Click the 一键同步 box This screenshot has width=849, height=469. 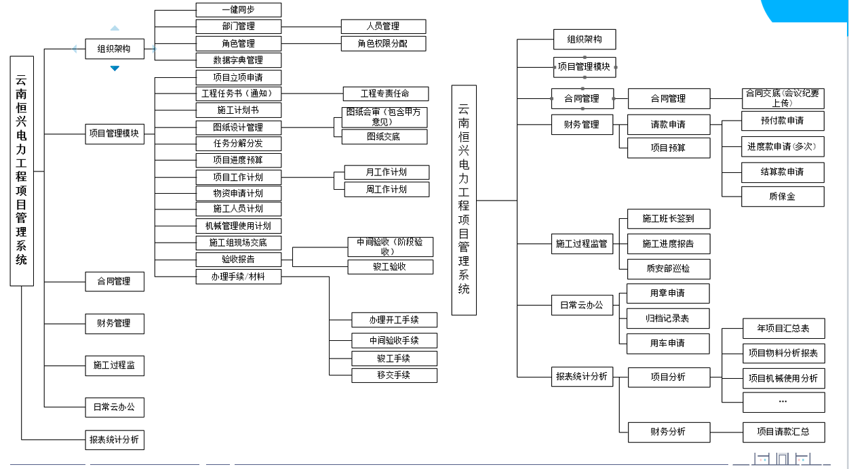[238, 10]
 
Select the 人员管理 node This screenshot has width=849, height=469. [383, 26]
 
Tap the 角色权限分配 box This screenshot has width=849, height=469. [383, 43]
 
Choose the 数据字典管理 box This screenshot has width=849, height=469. [238, 60]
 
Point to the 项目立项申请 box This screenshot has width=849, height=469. [238, 77]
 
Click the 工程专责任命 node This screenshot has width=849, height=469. [385, 94]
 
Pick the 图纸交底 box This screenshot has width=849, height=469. [384, 136]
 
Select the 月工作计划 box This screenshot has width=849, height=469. [387, 172]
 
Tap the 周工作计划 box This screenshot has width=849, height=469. [387, 189]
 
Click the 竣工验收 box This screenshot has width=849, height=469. [390, 267]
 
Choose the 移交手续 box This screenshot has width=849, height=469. [394, 375]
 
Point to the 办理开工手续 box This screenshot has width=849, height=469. [394, 320]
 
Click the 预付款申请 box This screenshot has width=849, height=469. [783, 121]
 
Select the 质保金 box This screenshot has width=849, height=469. [783, 197]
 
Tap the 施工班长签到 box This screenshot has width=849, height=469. [668, 218]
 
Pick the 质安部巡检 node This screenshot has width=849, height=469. [668, 268]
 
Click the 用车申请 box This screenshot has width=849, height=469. [668, 344]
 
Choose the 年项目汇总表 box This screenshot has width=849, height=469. [783, 329]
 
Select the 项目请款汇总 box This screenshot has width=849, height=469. [783, 432]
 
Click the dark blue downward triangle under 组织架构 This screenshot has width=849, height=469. [115, 68]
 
